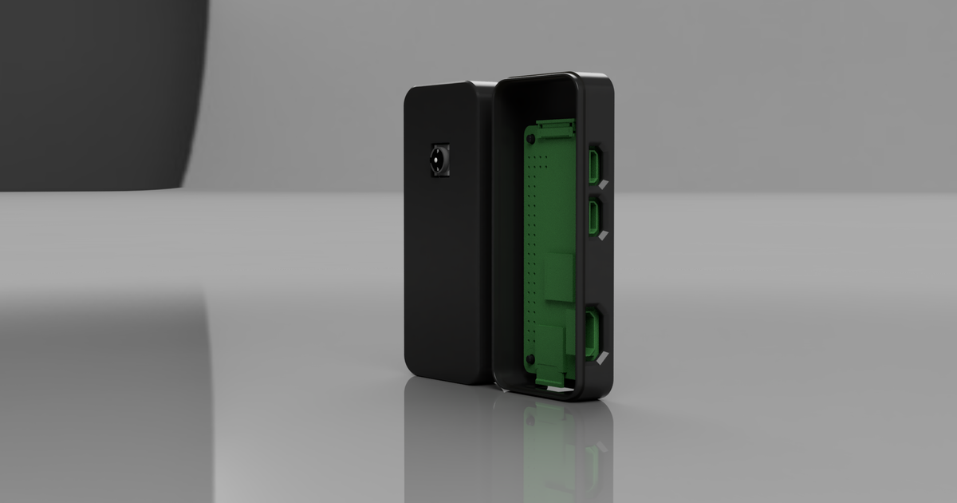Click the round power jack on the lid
click(439, 161)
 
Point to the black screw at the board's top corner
click(530, 139)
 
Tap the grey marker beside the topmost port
click(604, 184)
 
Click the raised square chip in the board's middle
click(560, 275)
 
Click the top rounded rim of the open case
click(550, 77)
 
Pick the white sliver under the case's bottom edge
click(558, 390)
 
